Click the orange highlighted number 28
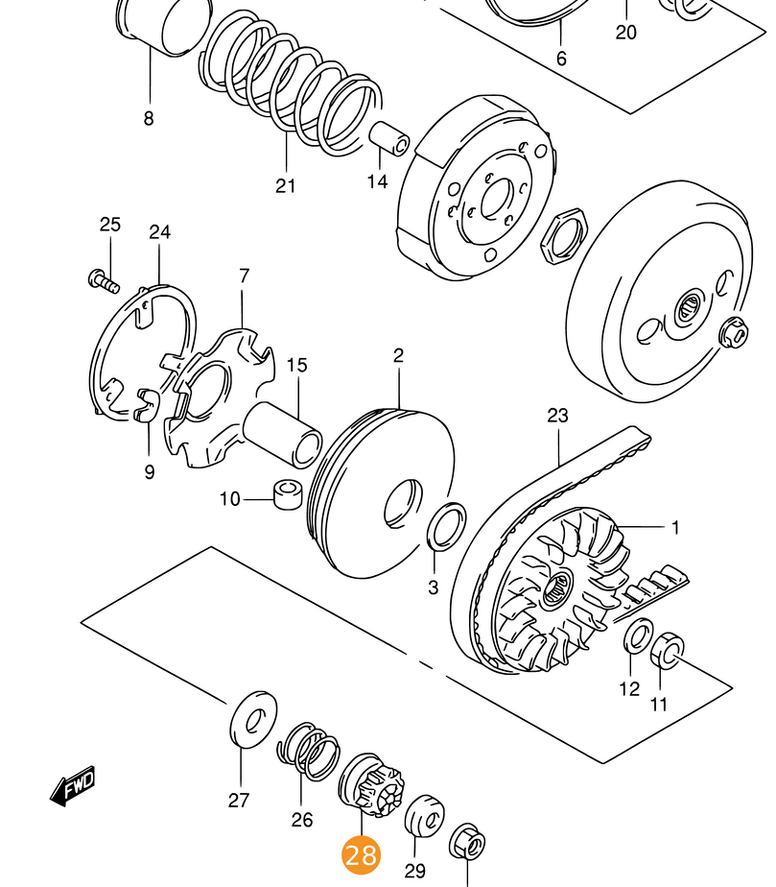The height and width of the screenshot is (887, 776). pos(361,853)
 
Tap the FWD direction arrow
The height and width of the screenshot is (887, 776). pos(73,787)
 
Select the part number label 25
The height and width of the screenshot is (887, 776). pos(110,225)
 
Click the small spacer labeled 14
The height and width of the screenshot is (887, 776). pos(391,139)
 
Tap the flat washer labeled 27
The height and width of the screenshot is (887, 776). pos(254,717)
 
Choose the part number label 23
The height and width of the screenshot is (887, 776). pos(557,416)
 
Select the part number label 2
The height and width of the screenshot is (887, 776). pos(398,356)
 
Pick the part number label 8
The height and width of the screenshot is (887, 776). pos(149,119)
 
